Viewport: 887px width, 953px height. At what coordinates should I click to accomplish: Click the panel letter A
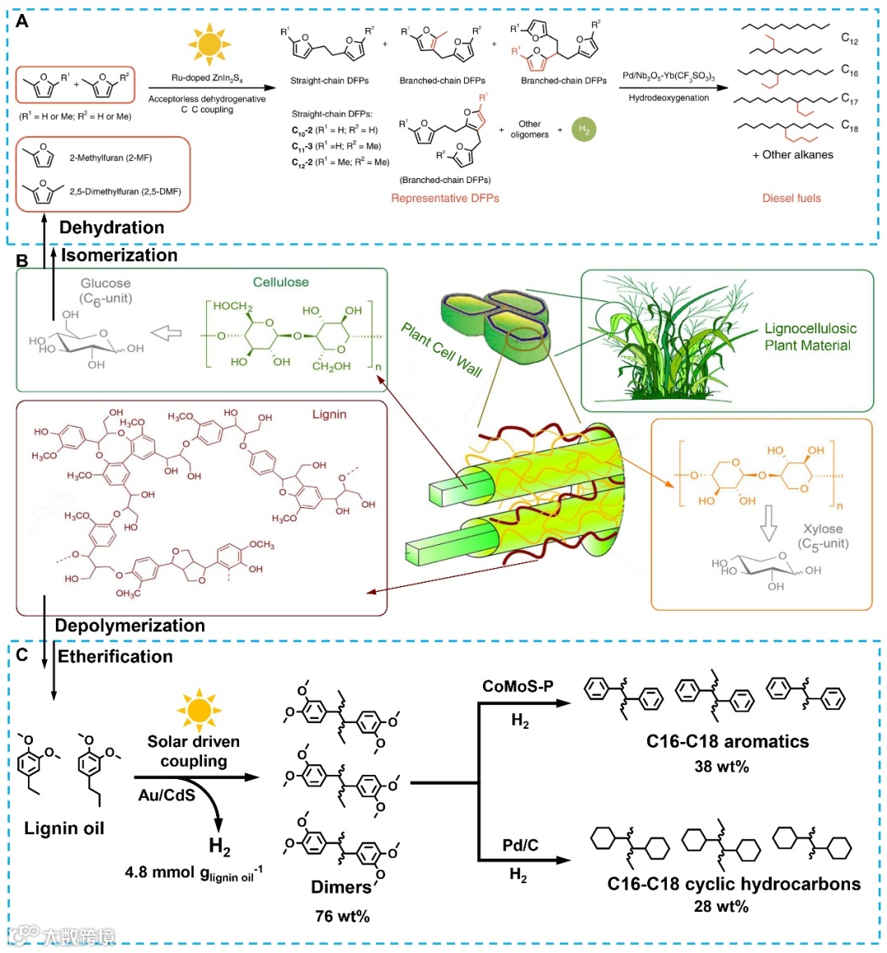coord(22,21)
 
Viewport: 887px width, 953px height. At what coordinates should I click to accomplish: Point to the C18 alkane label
coord(849,126)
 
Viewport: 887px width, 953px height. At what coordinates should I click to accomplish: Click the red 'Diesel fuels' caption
coord(791,198)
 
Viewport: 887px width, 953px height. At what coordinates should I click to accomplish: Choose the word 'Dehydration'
coord(112,227)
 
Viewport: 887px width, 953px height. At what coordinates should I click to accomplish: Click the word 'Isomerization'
coord(119,255)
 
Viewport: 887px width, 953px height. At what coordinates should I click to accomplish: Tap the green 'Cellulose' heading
coord(281,282)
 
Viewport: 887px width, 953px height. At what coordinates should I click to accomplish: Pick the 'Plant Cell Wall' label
coord(442,349)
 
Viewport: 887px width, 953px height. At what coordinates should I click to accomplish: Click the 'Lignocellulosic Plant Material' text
coord(810,337)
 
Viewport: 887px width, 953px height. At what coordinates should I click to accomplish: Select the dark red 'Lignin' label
coord(329,415)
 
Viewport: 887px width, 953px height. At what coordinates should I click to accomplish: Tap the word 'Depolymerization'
coord(130,625)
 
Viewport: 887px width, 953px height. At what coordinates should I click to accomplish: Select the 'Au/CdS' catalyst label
coord(167,795)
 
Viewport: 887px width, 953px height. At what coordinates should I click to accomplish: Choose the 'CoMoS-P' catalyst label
coord(517,686)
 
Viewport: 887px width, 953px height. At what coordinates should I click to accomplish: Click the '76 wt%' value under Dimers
coord(342,916)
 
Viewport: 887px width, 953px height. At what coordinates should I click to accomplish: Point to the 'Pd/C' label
coord(520,845)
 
